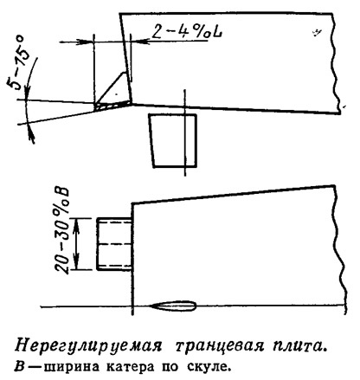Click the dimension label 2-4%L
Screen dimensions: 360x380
187,31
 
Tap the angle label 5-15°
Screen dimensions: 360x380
17,62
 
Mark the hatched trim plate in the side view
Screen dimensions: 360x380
112,106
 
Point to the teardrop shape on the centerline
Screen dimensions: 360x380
174,306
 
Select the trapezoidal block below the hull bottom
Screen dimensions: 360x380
173,140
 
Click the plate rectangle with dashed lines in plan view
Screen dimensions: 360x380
114,244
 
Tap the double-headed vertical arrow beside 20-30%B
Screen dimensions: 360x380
77,244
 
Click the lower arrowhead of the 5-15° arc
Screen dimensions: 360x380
31,136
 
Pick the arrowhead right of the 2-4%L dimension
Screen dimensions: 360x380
140,42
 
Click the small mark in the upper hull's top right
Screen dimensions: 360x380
317,34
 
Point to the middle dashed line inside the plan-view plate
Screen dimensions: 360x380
114,244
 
